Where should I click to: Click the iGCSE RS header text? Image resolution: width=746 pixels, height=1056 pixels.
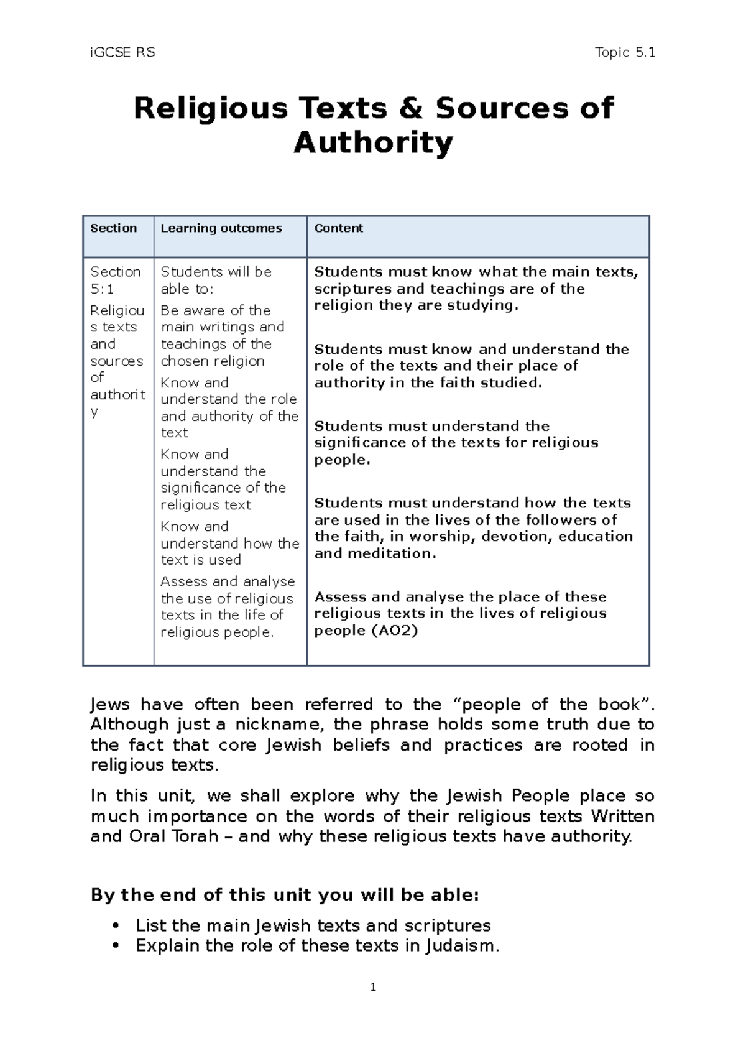point(122,53)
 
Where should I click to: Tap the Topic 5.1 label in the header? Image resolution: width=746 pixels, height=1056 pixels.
point(624,53)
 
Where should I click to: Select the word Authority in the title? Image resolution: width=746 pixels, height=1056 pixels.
point(373,143)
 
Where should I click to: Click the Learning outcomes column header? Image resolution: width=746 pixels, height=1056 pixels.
point(221,228)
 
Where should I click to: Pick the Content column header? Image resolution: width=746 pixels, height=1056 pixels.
point(339,228)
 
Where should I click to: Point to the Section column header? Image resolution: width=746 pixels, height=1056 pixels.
point(114,228)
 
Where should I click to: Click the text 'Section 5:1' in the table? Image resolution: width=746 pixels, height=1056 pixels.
point(115,280)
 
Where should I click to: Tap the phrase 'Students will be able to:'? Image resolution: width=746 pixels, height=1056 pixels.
point(216,280)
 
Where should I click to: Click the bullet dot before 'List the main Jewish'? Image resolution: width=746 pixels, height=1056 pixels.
point(114,926)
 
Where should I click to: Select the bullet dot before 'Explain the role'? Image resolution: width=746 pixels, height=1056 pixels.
point(114,946)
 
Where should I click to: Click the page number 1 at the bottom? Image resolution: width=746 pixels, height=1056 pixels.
point(373,987)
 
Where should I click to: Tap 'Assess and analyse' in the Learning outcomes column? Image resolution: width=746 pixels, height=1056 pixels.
point(228,581)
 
